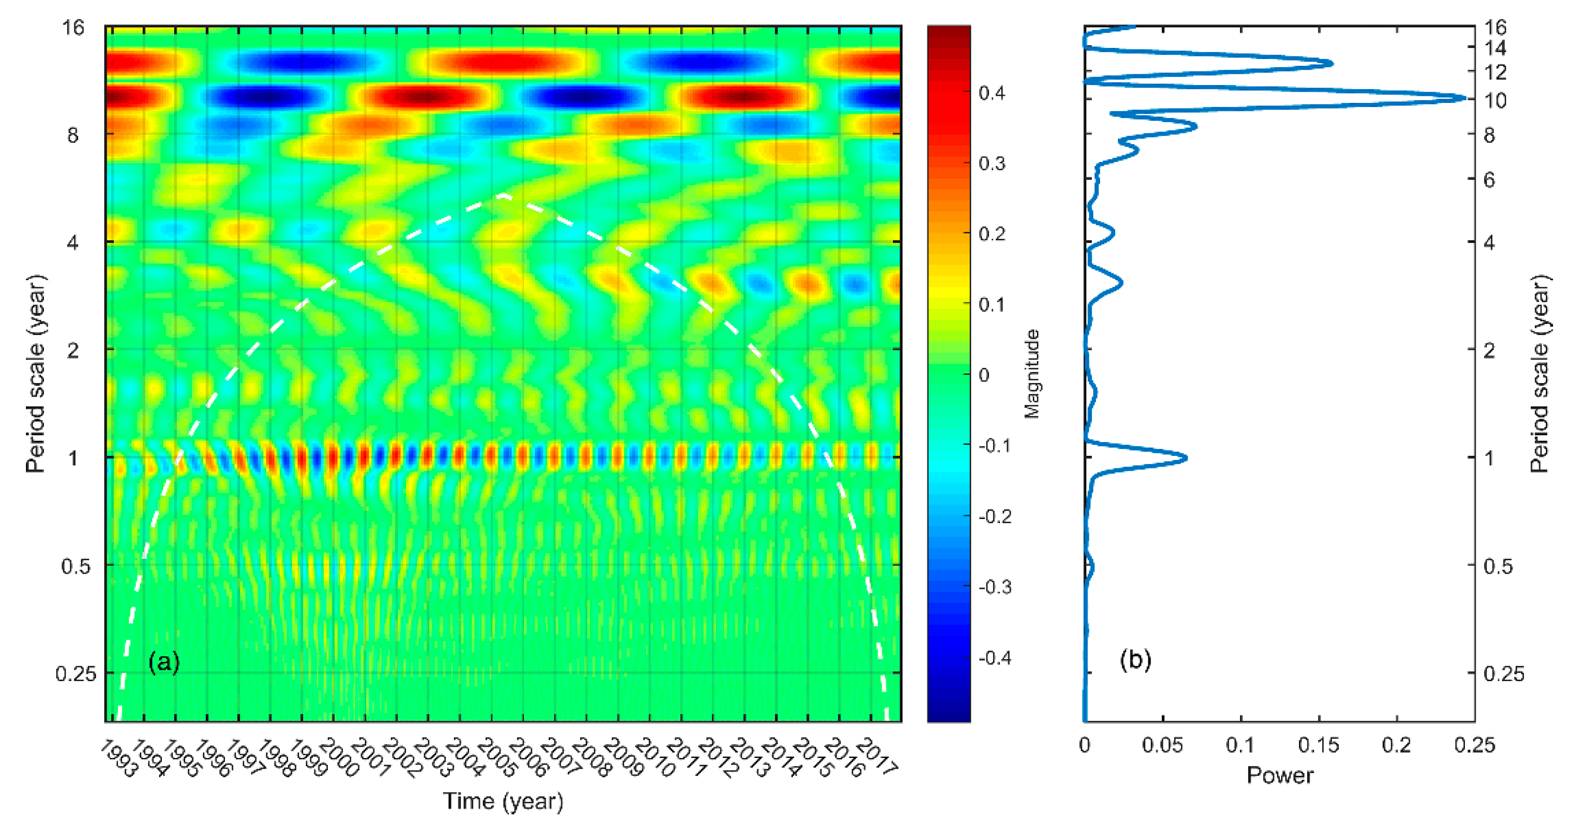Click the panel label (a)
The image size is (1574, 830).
[x=164, y=662]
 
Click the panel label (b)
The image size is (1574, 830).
[x=1135, y=660]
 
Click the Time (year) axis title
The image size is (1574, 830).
[x=503, y=800]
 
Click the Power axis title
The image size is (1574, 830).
[x=1279, y=775]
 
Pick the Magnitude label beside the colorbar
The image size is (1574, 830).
[x=1032, y=374]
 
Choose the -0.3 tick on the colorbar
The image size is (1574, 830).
[x=995, y=587]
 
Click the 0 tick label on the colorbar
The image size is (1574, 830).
[x=984, y=375]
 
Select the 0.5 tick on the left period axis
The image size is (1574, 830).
[x=76, y=566]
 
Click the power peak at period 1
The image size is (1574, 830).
[x=1186, y=457]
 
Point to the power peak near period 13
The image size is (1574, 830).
[x=1332, y=63]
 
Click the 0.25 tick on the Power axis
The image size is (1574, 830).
[x=1474, y=745]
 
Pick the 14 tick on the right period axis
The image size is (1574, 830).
[x=1495, y=48]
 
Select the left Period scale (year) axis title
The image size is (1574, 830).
[x=35, y=374]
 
